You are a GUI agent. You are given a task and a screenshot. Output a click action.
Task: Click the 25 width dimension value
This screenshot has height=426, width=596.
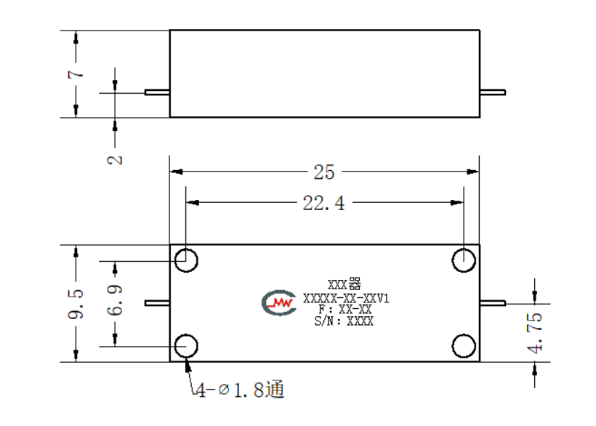click(x=324, y=172)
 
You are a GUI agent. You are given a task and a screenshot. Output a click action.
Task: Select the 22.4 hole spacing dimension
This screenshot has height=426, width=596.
click(x=324, y=203)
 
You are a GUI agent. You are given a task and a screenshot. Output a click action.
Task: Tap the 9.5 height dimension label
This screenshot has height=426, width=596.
click(x=76, y=304)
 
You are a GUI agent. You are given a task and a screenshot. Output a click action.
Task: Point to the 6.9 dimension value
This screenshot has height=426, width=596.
click(x=115, y=300)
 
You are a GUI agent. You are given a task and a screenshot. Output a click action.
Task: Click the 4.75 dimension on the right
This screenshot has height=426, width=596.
click(x=535, y=333)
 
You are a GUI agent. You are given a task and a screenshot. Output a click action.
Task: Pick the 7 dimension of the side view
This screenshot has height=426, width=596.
click(x=76, y=73)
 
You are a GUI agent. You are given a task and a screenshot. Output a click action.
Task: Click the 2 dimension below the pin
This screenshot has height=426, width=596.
click(x=115, y=160)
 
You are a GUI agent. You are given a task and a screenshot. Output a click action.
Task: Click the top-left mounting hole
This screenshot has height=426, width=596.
click(x=186, y=260)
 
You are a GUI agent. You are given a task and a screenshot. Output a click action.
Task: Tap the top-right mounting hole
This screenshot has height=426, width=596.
click(x=464, y=260)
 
